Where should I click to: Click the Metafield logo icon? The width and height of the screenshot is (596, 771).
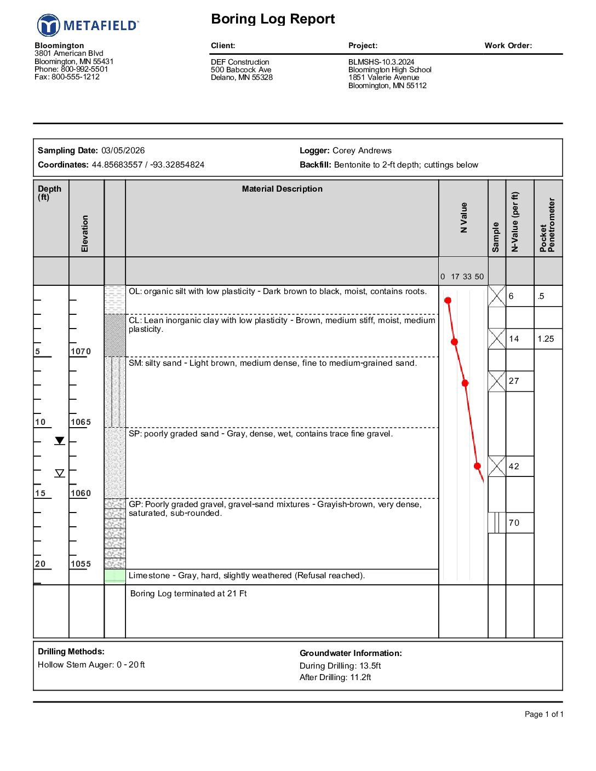pos(48,26)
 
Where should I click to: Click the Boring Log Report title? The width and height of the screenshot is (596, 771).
pos(273,19)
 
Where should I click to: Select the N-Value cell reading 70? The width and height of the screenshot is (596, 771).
pos(514,523)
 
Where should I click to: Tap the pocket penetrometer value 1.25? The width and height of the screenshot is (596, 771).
pos(546,339)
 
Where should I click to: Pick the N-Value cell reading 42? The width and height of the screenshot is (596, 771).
pos(514,467)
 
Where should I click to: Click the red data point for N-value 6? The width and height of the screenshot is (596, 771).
pos(448,300)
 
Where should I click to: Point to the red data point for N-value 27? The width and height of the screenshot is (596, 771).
pos(465,383)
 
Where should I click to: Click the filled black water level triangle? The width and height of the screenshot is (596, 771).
pos(60,441)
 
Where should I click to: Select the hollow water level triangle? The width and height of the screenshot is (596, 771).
pos(60,473)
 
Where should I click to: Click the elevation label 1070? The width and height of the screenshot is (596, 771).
pos(81,352)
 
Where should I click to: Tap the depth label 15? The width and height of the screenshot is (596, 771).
pos(41,493)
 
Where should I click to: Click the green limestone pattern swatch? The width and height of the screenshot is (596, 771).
pos(115,576)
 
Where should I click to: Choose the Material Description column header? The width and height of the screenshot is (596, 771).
pos(282,189)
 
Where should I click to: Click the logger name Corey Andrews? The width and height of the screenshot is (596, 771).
pos(362,151)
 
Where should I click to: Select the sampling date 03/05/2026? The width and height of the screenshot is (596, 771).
pos(123,151)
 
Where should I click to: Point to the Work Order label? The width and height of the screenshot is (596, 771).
pos(508,45)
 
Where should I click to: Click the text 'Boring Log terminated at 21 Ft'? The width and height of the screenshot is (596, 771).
pos(188,594)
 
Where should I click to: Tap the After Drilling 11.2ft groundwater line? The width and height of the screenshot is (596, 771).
pos(335,677)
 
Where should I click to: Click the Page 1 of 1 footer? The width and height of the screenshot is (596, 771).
pos(543,714)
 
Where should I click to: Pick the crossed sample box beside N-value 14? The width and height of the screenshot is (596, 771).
pos(497,338)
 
